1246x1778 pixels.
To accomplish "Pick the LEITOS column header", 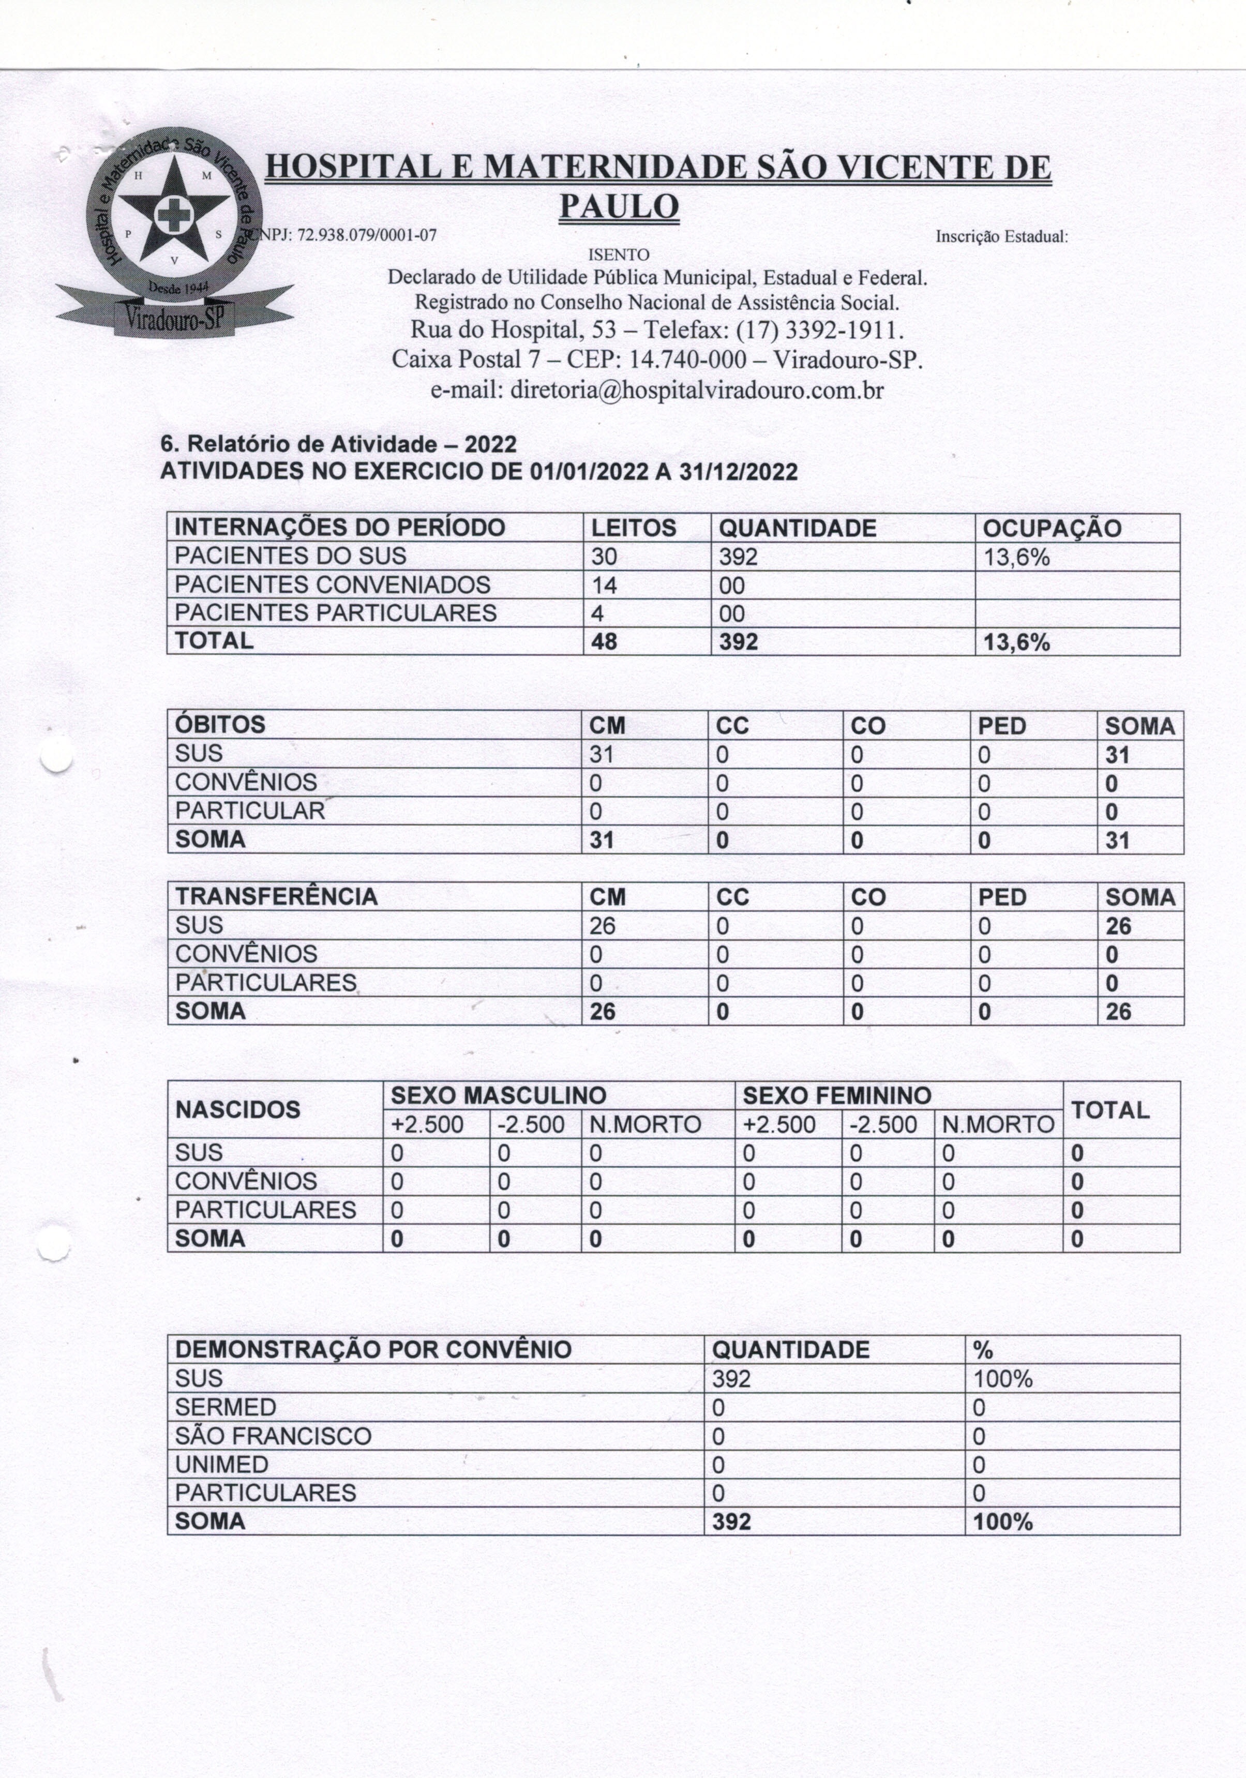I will coord(634,528).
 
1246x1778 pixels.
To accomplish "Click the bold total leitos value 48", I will coord(604,642).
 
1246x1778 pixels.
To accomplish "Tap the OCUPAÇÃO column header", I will coord(1051,528).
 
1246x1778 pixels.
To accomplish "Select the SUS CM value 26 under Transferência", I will coord(603,925).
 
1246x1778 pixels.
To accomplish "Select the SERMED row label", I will coord(226,1407).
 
